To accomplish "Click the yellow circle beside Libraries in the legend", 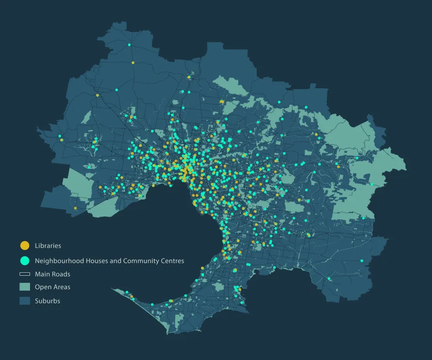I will pyautogui.click(x=25, y=246).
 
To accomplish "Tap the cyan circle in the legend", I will pyautogui.click(x=25, y=261).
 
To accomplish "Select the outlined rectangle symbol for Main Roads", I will pyautogui.click(x=25, y=274).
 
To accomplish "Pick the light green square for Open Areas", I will pyautogui.click(x=25, y=287).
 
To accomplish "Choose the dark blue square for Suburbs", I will pyautogui.click(x=25, y=301).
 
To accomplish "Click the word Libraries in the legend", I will pyautogui.click(x=48, y=246).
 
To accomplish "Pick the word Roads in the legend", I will pyautogui.click(x=62, y=274).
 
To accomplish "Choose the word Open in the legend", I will pyautogui.click(x=43, y=287).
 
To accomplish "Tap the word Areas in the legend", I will pyautogui.click(x=62, y=287).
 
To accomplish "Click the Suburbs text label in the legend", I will pyautogui.click(x=47, y=301).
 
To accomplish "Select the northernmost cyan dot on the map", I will pyautogui.click(x=129, y=45).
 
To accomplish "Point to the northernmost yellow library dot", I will pyautogui.click(x=133, y=63).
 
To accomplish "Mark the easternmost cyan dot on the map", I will pyautogui.click(x=371, y=184).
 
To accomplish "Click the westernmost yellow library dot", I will pyautogui.click(x=62, y=140).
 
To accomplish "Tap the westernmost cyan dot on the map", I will pyautogui.click(x=60, y=136).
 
